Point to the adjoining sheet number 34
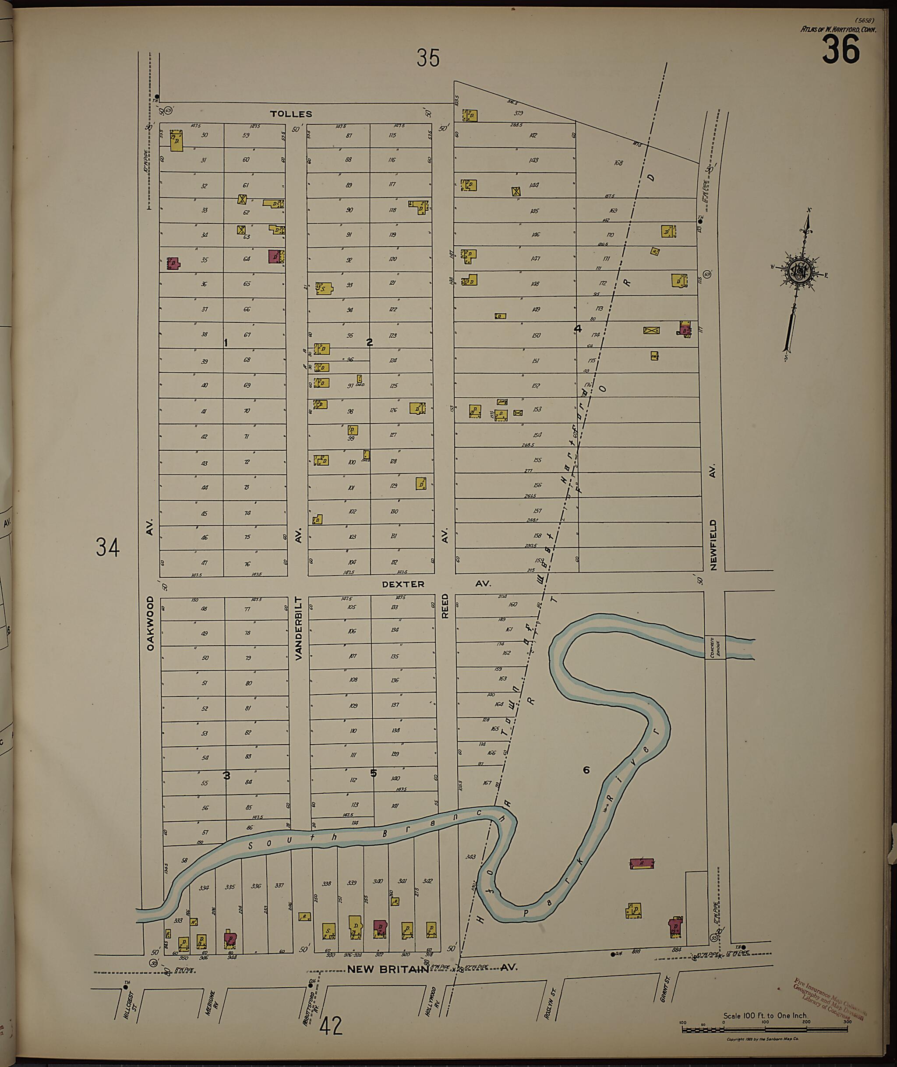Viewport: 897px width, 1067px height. (x=108, y=548)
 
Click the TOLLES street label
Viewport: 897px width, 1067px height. (x=291, y=114)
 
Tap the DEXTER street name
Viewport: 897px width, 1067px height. (x=403, y=584)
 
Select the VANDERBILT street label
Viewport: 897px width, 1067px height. (x=299, y=629)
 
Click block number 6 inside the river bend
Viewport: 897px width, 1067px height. (x=586, y=784)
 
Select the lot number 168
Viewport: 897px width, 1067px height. (x=618, y=163)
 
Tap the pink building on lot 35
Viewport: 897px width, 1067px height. (x=173, y=263)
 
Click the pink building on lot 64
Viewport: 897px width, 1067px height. (x=275, y=256)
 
